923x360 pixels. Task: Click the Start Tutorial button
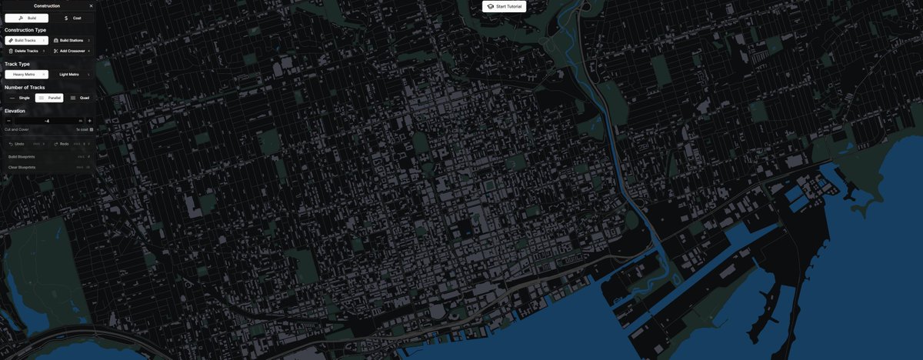click(505, 6)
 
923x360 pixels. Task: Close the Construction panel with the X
click(91, 5)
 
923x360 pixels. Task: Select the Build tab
click(26, 17)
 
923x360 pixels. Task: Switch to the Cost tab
click(72, 17)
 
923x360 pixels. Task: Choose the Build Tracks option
click(26, 40)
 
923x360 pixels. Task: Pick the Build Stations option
click(72, 40)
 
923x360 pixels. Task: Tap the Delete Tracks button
click(26, 51)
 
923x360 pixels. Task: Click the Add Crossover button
click(72, 51)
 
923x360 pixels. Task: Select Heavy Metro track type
click(26, 75)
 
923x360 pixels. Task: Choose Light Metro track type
click(72, 75)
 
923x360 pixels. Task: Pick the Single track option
click(20, 98)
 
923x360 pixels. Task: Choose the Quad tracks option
click(80, 98)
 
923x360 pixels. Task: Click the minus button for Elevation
click(8, 121)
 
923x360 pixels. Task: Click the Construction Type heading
click(25, 30)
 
